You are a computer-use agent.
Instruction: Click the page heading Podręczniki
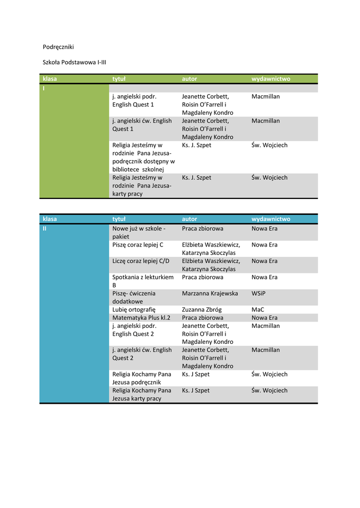click(x=58, y=47)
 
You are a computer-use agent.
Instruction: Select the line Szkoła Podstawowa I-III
click(x=74, y=63)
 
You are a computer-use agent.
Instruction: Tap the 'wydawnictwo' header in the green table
click(x=271, y=78)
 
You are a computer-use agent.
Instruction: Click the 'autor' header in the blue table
click(x=189, y=219)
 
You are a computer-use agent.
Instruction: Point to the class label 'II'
click(x=45, y=229)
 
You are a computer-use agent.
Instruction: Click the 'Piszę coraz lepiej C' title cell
click(x=138, y=245)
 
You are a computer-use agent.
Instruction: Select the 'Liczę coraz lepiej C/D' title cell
click(x=141, y=261)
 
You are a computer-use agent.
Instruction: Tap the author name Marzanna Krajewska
click(x=210, y=293)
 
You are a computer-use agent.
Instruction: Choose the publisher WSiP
click(x=258, y=293)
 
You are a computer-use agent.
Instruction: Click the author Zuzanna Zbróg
click(x=202, y=310)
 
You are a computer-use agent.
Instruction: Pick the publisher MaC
click(x=258, y=310)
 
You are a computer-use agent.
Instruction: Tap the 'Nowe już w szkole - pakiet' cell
click(x=139, y=232)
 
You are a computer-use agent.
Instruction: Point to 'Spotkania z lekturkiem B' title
click(x=143, y=281)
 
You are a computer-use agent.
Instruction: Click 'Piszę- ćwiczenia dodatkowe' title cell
click(x=134, y=297)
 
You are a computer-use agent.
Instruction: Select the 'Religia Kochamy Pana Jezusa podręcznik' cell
click(x=141, y=378)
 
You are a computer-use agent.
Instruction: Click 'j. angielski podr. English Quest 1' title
click(x=134, y=100)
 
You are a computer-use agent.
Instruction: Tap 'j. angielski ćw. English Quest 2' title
click(x=142, y=354)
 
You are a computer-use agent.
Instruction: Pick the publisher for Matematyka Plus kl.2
click(x=264, y=317)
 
